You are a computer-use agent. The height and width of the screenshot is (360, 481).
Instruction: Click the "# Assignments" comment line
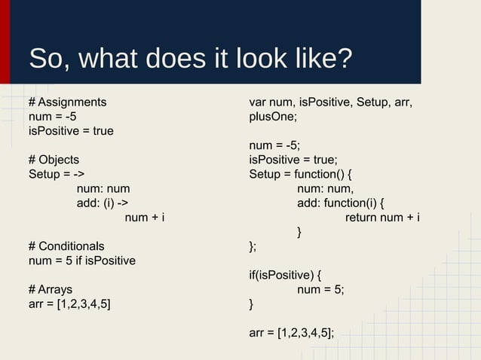coord(67,102)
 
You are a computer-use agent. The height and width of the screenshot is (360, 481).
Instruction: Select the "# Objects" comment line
coord(54,160)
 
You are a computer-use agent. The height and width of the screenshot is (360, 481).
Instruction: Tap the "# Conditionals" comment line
coord(66,246)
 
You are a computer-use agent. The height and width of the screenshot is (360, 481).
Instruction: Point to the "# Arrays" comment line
coord(51,290)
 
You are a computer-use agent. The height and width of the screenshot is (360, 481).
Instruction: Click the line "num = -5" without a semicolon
coord(52,116)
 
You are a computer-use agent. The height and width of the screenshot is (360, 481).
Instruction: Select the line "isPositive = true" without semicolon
coord(71,131)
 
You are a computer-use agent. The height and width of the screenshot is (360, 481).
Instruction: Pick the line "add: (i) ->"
coord(102,203)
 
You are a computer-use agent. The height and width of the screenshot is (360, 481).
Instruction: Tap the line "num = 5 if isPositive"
coord(81,261)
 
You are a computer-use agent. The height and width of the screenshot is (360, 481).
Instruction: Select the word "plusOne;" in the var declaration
coord(273,117)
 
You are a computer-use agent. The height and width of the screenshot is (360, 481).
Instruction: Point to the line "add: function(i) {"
coord(340,203)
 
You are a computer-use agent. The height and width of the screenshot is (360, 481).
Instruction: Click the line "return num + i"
coord(382,218)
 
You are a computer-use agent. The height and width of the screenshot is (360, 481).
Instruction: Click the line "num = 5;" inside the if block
coord(321,290)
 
